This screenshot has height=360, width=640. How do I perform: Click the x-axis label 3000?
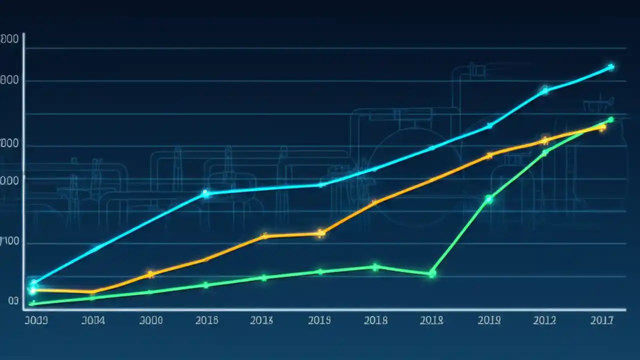[x=150, y=320]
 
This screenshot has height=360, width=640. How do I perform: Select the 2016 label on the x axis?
[x=206, y=320]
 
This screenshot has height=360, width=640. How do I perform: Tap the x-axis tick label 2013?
[x=261, y=320]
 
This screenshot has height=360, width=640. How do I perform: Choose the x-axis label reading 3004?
[x=93, y=320]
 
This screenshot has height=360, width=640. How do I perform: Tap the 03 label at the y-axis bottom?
[x=13, y=301]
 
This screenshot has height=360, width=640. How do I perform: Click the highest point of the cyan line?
[x=610, y=66]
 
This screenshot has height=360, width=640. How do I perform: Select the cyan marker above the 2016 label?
[x=205, y=193]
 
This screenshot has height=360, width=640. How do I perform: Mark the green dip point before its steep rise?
[x=432, y=273]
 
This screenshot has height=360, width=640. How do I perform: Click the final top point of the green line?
[x=610, y=119]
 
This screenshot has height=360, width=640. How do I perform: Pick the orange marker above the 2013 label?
[x=264, y=236]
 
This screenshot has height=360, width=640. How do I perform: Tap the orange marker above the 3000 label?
[x=150, y=274]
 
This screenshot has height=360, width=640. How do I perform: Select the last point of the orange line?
[x=602, y=127]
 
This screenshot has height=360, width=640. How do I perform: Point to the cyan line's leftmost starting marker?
[x=33, y=283]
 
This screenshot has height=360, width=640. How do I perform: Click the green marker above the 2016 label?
[x=205, y=285]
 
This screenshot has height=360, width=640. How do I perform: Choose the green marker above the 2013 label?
[x=264, y=277]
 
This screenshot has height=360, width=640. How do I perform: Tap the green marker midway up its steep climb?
[x=489, y=199]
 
